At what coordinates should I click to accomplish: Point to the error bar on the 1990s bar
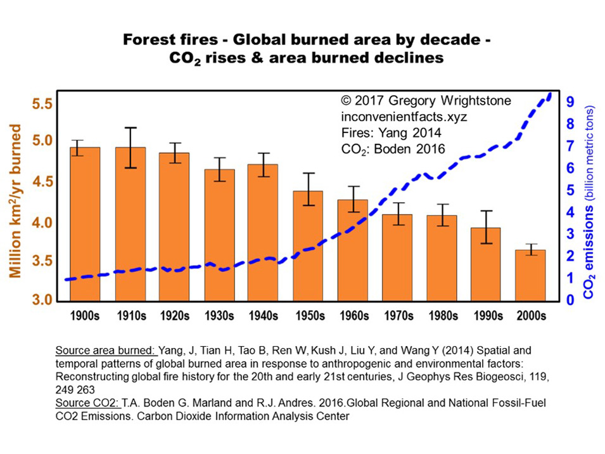(x=485, y=227)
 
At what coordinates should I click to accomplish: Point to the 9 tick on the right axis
(x=570, y=101)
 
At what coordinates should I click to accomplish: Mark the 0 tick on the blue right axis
(x=570, y=299)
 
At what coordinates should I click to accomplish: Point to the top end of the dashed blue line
(x=549, y=94)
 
